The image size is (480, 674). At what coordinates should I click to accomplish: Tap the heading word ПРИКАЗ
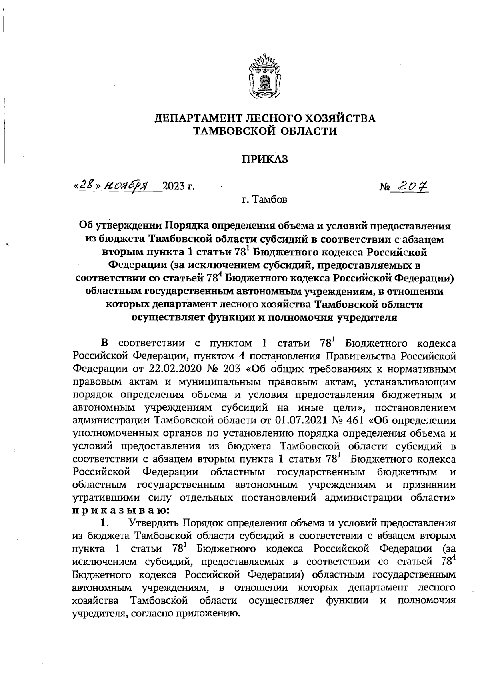tap(265, 159)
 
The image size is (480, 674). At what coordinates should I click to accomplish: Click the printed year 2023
tap(175, 186)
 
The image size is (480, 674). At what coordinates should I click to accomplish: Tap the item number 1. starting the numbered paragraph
tap(105, 523)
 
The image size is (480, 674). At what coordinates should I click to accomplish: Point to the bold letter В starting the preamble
tap(105, 343)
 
